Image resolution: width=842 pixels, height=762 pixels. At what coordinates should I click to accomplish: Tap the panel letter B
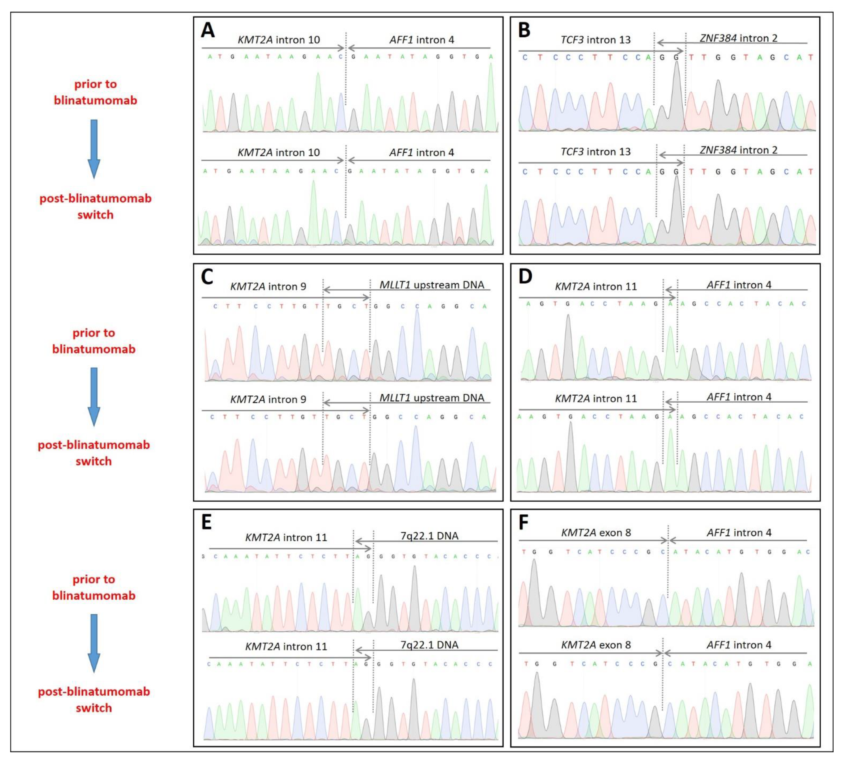pos(524,30)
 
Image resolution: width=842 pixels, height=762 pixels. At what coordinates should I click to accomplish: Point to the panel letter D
pos(525,277)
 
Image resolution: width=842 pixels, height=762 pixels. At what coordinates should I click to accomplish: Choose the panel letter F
pos(524,522)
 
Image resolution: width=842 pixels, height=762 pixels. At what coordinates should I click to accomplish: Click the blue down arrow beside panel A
pos(94,149)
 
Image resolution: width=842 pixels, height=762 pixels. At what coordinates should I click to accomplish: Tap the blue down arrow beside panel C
pos(94,397)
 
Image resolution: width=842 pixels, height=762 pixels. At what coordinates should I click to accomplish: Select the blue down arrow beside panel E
pos(94,643)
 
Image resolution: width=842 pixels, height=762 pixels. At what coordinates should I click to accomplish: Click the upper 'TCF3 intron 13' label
pos(595,40)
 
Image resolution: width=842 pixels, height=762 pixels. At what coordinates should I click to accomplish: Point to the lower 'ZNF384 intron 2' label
pos(738,150)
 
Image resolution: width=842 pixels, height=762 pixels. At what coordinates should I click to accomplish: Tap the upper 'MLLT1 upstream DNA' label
pos(431,285)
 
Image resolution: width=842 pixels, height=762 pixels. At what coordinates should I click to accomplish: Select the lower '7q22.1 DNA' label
pos(429,645)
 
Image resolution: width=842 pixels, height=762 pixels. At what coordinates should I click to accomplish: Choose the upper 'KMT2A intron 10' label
pos(279,40)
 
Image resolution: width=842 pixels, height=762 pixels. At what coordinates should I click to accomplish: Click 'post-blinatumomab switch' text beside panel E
pos(94,700)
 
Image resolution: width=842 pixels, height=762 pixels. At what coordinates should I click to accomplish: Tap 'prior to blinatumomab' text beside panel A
pos(96,92)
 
